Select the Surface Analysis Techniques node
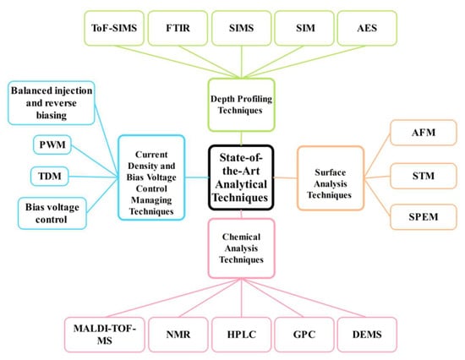(x=331, y=176)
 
